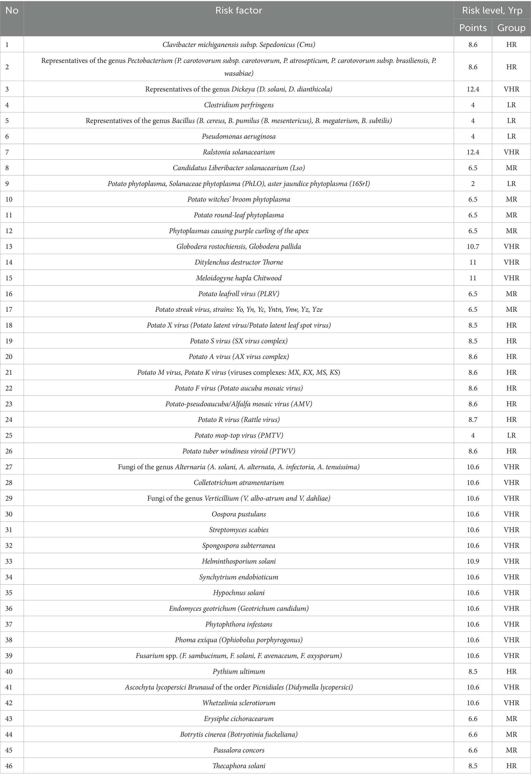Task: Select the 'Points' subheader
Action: (473, 28)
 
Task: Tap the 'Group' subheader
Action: (511, 28)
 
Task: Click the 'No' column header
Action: (12, 11)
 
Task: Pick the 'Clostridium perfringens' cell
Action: (239, 105)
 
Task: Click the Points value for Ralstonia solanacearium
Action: (473, 152)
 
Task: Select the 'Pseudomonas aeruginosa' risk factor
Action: (239, 136)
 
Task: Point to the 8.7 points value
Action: (473, 420)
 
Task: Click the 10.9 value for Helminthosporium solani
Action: (473, 561)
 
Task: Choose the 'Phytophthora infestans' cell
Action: (239, 624)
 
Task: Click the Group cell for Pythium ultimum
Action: (511, 671)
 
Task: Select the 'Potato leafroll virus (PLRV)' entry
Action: (239, 294)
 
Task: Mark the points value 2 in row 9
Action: (473, 183)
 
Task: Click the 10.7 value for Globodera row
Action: (473, 246)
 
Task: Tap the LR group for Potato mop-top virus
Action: (511, 435)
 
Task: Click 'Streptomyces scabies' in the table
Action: (239, 530)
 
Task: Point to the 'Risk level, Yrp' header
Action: (492, 11)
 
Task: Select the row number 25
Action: (9, 435)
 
